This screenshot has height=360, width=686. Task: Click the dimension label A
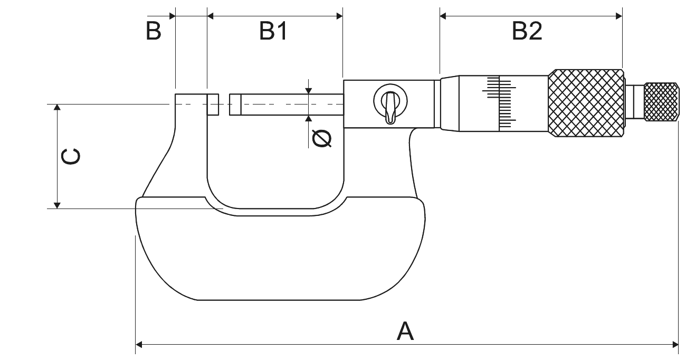(405, 331)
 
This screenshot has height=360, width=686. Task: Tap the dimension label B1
(273, 32)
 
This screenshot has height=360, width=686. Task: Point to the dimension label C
(71, 157)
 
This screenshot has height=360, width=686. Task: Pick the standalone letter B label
(154, 32)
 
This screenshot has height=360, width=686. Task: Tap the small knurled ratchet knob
(661, 102)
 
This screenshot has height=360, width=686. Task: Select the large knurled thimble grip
(586, 102)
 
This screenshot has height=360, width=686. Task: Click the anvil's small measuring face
(213, 105)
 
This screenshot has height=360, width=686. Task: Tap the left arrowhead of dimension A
(139, 345)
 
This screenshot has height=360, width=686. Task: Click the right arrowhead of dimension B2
(619, 16)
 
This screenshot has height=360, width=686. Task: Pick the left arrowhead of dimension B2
(443, 16)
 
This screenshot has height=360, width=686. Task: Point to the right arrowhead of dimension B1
(339, 16)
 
